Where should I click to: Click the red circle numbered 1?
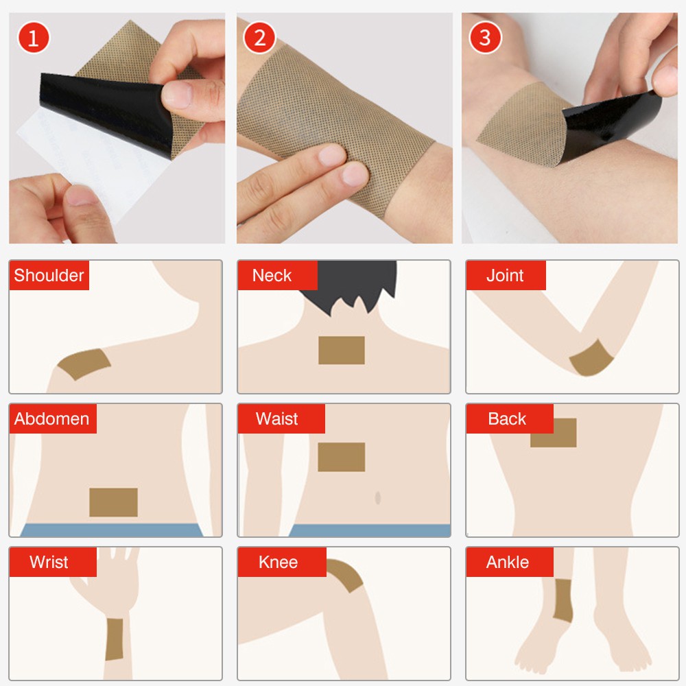(x=33, y=38)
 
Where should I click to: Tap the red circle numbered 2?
(x=259, y=38)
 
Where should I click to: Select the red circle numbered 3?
(x=485, y=38)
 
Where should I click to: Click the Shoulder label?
(x=49, y=275)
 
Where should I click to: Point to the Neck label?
(x=272, y=275)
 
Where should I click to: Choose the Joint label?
(x=506, y=275)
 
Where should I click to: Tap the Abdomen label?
(x=51, y=418)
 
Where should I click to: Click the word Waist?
(x=277, y=418)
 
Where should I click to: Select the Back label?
(x=507, y=418)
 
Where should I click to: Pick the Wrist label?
(x=49, y=562)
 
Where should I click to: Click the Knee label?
(x=279, y=562)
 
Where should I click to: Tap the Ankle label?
(x=508, y=562)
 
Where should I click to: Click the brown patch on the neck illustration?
(x=342, y=350)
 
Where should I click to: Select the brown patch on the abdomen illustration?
(x=114, y=502)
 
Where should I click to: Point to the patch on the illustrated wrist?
(x=114, y=639)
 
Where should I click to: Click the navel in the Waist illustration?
(x=378, y=497)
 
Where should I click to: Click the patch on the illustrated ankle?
(x=563, y=600)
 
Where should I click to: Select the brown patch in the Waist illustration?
(x=342, y=457)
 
